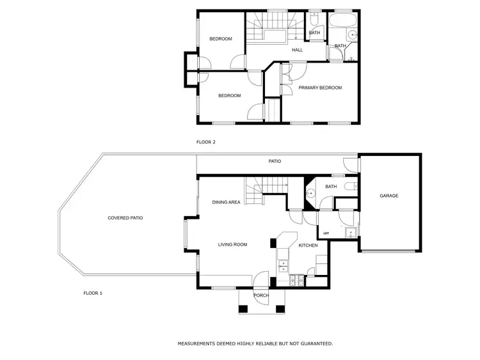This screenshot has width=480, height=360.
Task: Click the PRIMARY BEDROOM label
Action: tap(320, 88)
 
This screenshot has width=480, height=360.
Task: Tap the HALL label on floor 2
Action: tap(298, 50)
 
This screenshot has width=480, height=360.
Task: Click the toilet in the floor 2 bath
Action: tap(314, 19)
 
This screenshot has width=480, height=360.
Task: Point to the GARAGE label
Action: tap(389, 196)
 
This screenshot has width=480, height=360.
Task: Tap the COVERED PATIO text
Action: tap(125, 218)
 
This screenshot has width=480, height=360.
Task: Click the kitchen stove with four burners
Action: tap(298, 279)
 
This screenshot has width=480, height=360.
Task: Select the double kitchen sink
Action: tap(282, 265)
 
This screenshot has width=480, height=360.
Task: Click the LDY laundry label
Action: tap(326, 233)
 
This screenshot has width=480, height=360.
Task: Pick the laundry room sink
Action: tap(350, 232)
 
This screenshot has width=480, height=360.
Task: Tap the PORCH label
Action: tap(261, 295)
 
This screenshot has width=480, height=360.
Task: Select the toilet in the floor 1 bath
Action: tap(351, 187)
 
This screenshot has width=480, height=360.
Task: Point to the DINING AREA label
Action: tap(226, 202)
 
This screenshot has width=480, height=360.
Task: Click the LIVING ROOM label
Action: tap(232, 244)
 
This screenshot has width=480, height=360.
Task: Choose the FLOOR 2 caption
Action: tap(205, 142)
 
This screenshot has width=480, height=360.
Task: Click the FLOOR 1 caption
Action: tap(93, 293)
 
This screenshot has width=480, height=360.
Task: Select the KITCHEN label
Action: tap(308, 246)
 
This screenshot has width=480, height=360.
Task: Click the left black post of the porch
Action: tap(243, 309)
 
